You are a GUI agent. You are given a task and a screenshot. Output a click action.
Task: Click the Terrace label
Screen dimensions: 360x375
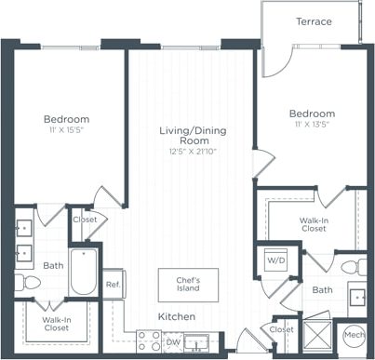(314, 21)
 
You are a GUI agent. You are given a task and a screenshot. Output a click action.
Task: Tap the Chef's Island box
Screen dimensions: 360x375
(182, 283)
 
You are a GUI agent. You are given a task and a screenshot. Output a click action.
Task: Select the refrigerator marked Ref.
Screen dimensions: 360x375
(113, 284)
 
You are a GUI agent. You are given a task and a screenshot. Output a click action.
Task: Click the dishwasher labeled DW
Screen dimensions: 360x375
(173, 342)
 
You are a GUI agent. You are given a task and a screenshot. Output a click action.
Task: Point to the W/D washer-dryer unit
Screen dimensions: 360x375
(276, 261)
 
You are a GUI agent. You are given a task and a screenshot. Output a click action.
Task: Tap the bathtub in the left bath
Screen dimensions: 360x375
(83, 271)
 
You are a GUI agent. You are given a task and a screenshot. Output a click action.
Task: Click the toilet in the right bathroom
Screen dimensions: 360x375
(352, 268)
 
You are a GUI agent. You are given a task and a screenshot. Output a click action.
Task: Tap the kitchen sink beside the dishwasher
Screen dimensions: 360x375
(198, 342)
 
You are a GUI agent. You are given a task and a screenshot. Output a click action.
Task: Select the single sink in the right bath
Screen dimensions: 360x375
(357, 299)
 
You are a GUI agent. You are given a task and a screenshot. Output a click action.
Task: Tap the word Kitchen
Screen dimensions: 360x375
(176, 317)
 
